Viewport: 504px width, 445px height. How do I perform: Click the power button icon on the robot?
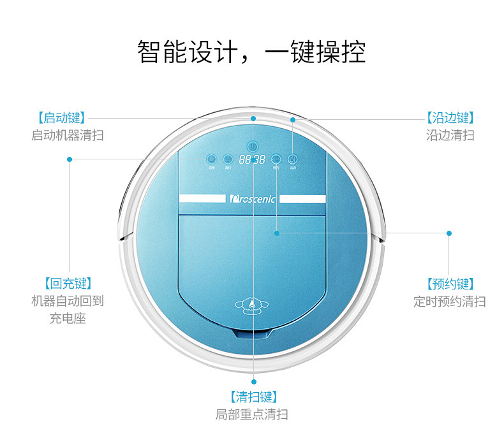tap(253, 146)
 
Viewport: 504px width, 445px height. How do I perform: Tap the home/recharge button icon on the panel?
tap(211, 159)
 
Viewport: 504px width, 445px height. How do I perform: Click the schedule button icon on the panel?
tap(276, 159)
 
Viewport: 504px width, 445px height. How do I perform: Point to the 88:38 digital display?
tap(252, 160)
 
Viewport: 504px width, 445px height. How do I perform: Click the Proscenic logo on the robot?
tap(253, 199)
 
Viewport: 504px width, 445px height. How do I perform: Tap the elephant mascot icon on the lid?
tap(252, 308)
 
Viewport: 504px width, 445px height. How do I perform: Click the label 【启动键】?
tap(62, 118)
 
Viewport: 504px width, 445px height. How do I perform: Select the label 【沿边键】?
tap(450, 118)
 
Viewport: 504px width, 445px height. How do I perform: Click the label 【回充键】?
tap(68, 284)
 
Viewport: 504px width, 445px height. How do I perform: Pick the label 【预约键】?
tap(450, 284)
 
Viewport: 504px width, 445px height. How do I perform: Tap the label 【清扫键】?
tap(253, 397)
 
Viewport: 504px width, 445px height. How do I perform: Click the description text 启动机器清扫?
tap(68, 135)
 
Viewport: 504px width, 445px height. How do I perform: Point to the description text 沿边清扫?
tap(450, 135)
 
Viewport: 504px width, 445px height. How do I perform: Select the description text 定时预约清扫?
tap(450, 301)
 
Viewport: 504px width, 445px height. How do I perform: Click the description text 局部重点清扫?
tap(252, 414)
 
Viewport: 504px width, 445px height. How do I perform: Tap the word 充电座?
tap(68, 318)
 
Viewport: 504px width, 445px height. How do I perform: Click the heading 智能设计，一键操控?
tap(252, 52)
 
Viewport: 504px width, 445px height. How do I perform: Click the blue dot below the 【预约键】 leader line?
tap(448, 233)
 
